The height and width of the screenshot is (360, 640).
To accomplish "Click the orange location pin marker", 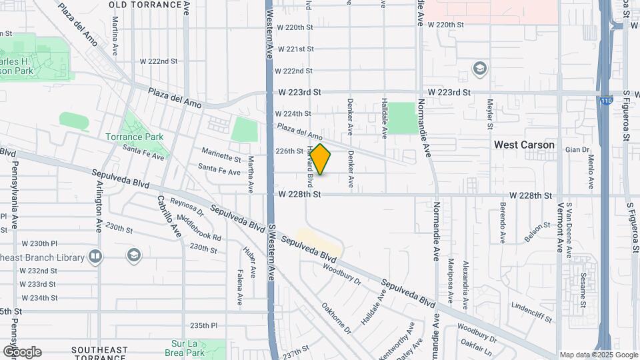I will tap(321, 160).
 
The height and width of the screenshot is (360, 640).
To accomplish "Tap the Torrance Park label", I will tap(134, 137).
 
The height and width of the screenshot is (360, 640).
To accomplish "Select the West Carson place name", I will tap(524, 145).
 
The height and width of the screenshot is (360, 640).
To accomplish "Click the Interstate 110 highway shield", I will tap(605, 101).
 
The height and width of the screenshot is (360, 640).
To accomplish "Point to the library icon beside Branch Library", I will tap(95, 257).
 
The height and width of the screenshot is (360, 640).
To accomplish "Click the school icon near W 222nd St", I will tap(479, 69).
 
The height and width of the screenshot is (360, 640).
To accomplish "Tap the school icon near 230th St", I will tap(134, 255).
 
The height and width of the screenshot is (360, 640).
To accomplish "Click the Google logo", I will tap(22, 352).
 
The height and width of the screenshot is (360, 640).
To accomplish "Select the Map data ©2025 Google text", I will tap(598, 355).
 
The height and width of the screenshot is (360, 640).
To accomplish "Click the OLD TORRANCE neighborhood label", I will tap(145, 5).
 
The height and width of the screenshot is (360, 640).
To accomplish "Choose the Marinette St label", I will tap(220, 158).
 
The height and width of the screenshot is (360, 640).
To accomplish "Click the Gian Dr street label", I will tap(577, 150).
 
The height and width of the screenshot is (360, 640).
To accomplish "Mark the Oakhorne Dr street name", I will tap(336, 318).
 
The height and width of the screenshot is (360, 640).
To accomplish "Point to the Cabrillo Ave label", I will tap(169, 217).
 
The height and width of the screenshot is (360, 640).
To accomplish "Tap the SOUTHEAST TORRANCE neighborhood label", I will tap(99, 354).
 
